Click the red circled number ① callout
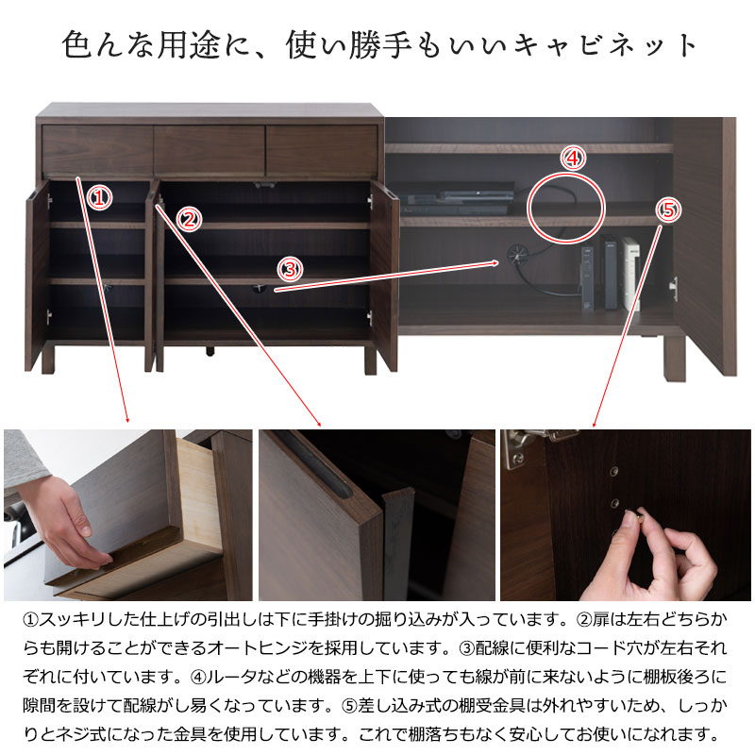pos(100,198)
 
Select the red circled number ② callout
pos(190,220)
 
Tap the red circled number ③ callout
pos(291,269)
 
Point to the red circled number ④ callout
pos(573,158)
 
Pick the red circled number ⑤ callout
pos(669,210)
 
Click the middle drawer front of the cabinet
pos(210,150)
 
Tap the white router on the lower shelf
pos(630,273)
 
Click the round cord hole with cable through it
pos(516,254)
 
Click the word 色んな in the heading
pos(109,44)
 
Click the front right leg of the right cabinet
pos(674,358)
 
